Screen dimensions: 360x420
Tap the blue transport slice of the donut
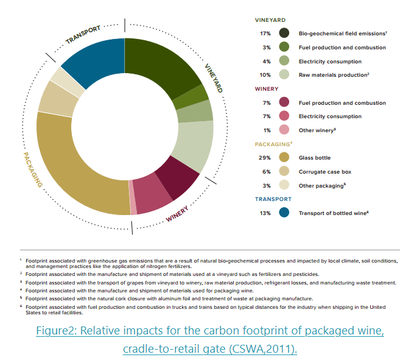(x=94, y=61)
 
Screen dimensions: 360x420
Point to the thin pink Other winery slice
(x=133, y=206)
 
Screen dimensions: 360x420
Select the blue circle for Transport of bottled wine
(x=284, y=213)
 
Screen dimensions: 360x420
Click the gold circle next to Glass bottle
(x=284, y=158)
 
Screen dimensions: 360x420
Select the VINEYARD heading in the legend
(x=270, y=20)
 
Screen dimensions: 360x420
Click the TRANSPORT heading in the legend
(x=273, y=199)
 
